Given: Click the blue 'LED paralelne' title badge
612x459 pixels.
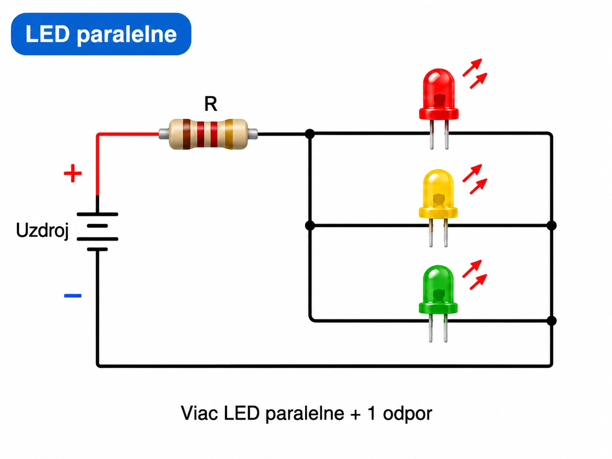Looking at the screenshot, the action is (101, 34).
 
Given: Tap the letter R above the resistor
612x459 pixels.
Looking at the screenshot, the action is (210, 104).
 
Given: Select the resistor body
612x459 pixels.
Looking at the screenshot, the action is (208, 134).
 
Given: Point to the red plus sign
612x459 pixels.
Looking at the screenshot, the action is (73, 173).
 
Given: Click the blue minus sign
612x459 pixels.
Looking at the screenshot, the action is (73, 296).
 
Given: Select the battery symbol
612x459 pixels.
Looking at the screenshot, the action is (97, 232).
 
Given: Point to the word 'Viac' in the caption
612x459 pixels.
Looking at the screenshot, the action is (199, 413).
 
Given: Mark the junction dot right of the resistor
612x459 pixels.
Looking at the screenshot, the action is (310, 134).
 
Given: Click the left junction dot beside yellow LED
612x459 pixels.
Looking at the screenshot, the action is (310, 225).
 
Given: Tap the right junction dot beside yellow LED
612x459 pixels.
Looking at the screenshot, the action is (552, 225).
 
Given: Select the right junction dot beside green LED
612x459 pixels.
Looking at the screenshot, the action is (552, 321).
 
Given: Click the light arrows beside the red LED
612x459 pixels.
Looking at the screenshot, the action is (475, 74).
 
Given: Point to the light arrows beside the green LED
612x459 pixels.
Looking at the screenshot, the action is (475, 275).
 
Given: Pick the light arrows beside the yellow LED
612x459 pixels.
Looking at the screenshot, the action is (475, 179).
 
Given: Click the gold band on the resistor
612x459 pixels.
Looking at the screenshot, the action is (229, 134).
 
